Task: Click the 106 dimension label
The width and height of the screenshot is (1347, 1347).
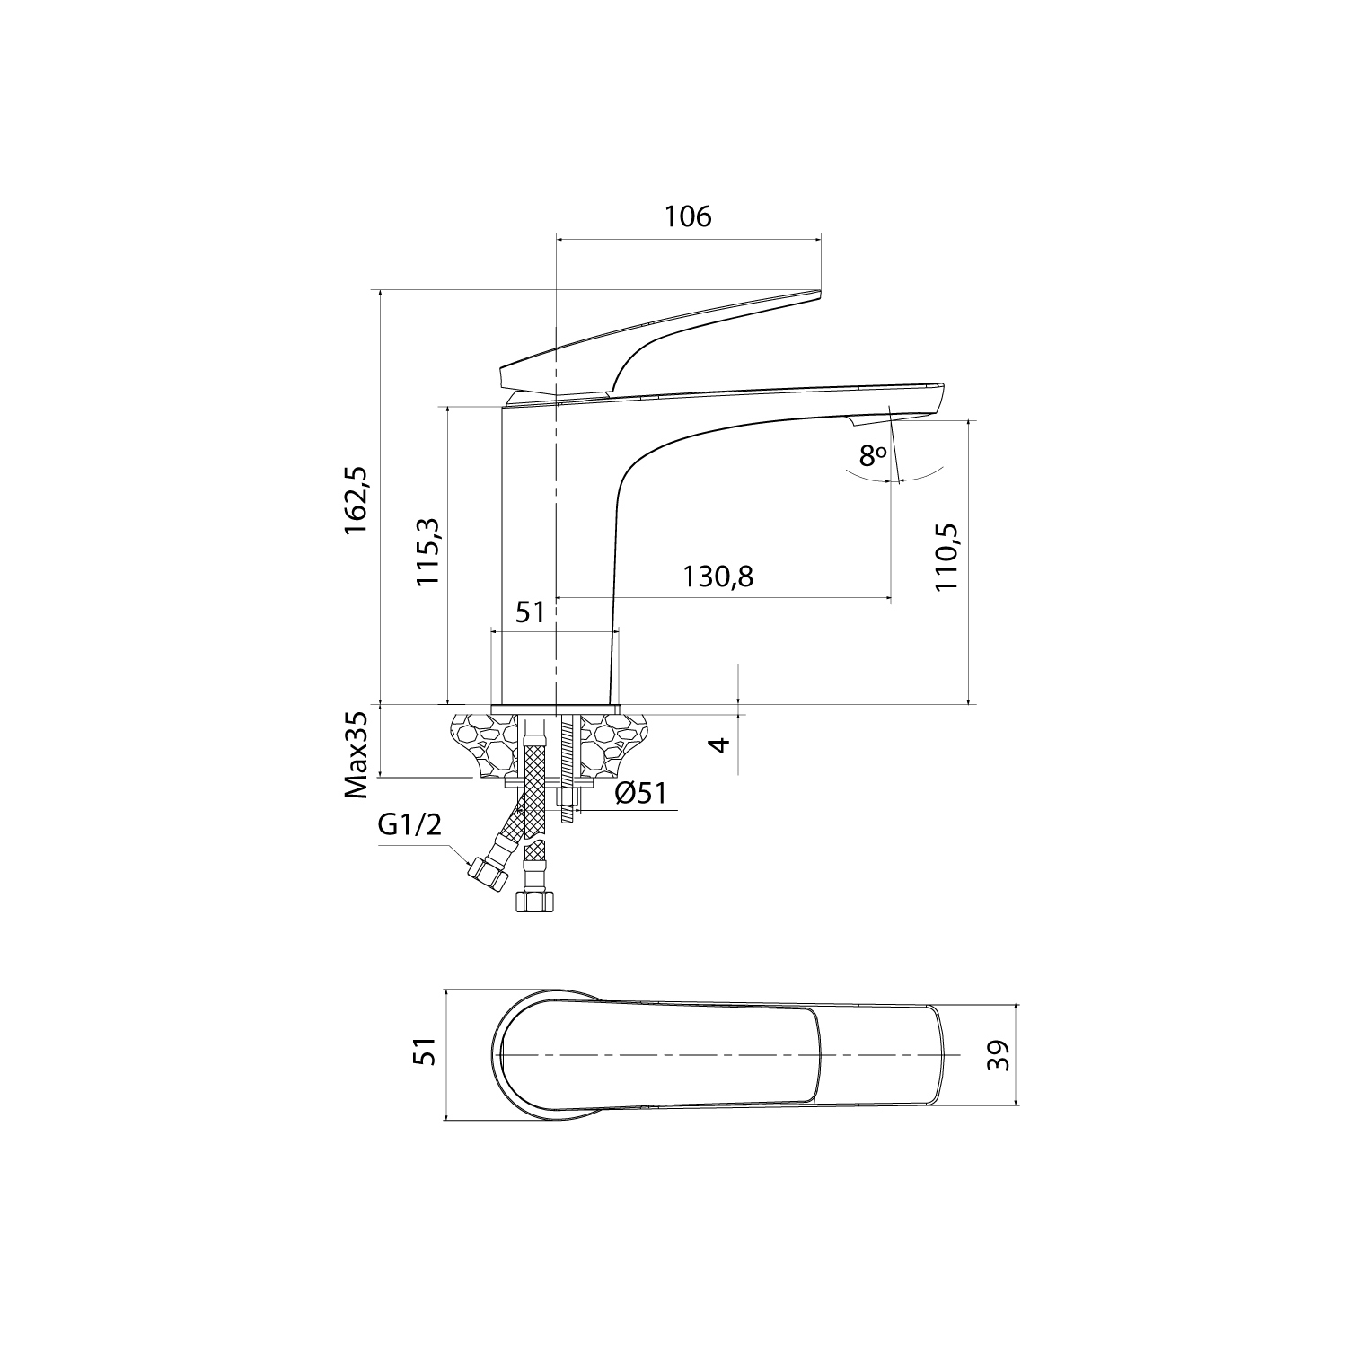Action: coord(688,216)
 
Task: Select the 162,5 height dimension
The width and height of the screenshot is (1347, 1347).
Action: coord(357,500)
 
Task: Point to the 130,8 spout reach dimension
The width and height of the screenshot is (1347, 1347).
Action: coord(718,577)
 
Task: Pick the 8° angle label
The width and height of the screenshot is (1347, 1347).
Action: coord(872,456)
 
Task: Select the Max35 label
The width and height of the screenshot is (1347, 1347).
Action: coord(357,755)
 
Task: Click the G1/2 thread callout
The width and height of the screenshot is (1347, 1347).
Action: coord(410,825)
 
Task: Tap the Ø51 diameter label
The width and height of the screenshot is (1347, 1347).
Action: coord(640,793)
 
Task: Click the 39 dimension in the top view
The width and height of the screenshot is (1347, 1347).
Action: coord(999,1055)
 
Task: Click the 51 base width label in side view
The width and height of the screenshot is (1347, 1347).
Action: coord(530,612)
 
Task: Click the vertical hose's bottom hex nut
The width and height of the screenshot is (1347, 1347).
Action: coord(533,901)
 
